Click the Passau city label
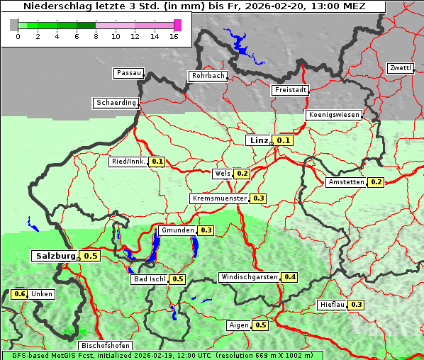coord(128,73)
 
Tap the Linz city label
coord(258,140)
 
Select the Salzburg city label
coord(55,256)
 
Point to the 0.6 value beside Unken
coord(19,294)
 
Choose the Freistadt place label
coord(290,90)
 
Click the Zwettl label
coord(400,68)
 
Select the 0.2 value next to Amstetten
coord(376,182)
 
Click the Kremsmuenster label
coord(219,198)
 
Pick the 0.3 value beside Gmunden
coord(206,230)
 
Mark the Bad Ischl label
coord(149,279)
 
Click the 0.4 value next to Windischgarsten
coord(289,277)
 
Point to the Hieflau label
coord(332,305)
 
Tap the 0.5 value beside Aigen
coord(260,325)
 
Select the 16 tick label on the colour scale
coord(174,36)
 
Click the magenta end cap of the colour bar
coord(177,25)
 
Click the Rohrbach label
coord(207,76)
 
